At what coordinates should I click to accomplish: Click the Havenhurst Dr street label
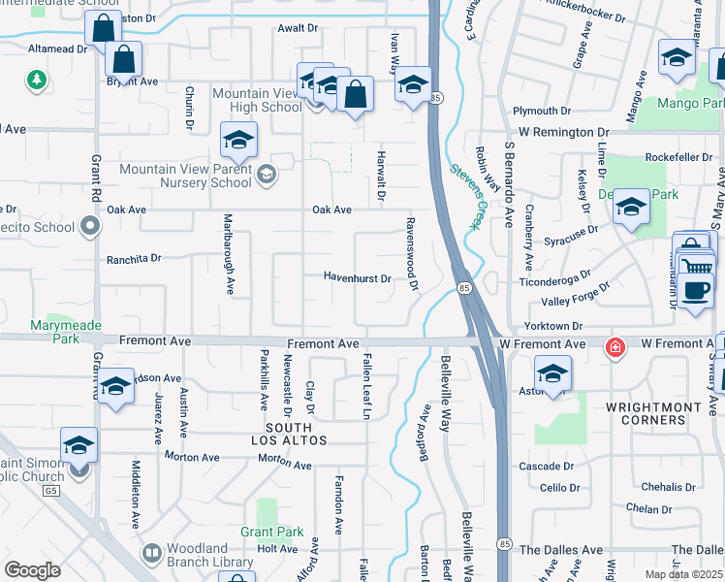coord(357,278)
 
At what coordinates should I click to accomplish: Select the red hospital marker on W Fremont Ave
coord(614,346)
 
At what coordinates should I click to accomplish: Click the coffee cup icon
coord(694,291)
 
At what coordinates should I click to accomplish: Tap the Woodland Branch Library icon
coord(151,554)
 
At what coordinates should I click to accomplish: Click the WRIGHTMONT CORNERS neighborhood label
coord(646,414)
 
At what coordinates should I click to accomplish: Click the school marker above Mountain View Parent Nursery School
coord(238,142)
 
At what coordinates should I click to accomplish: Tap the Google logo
coord(32,570)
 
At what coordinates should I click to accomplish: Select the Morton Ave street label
coord(189,456)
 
